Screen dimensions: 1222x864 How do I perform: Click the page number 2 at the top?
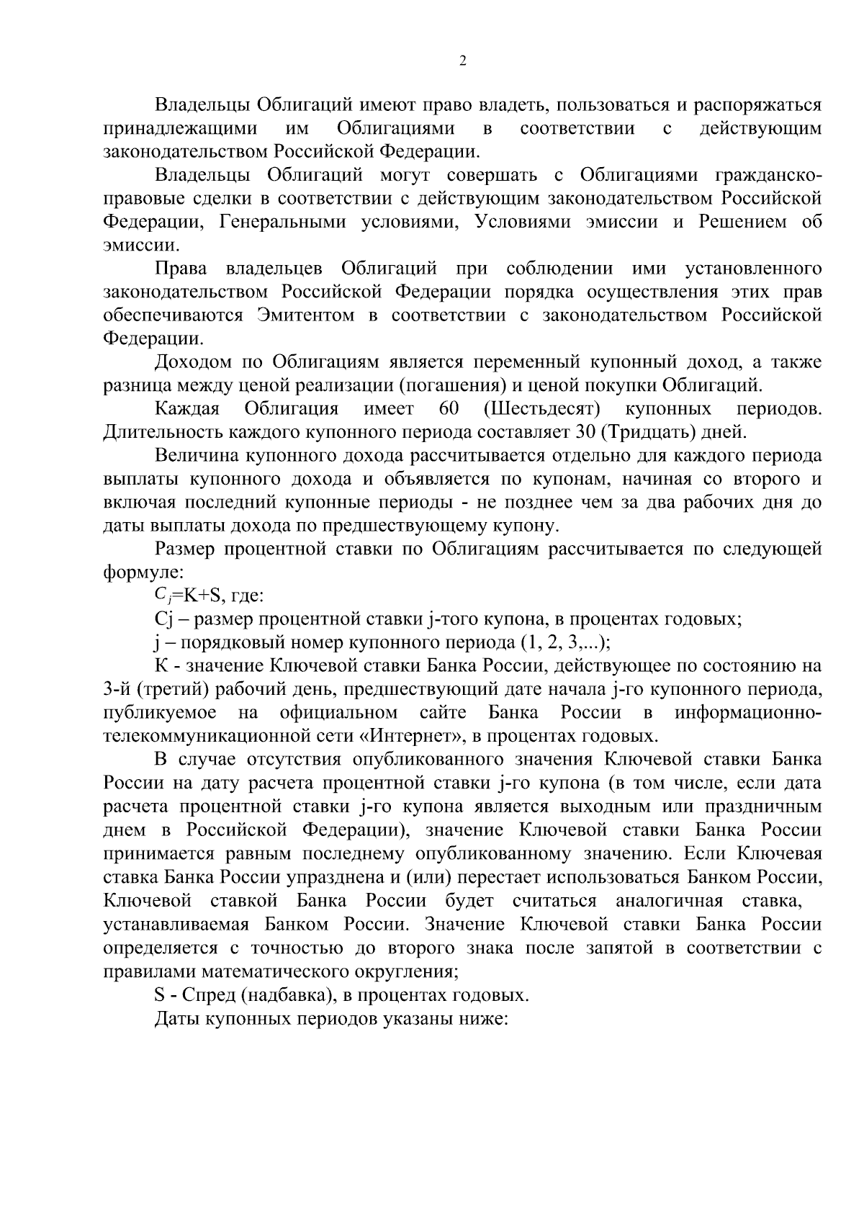(x=462, y=60)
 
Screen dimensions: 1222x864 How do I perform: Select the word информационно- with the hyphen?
(x=747, y=713)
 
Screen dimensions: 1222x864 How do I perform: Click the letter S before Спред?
(x=160, y=995)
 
